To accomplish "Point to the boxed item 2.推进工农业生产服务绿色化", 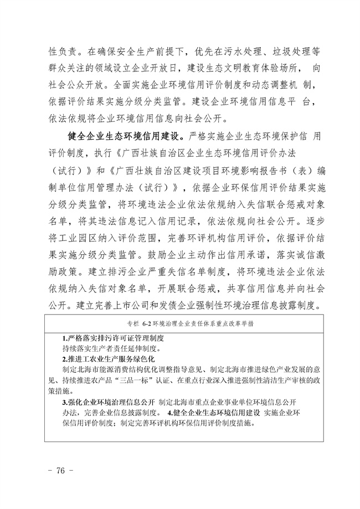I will [109, 359].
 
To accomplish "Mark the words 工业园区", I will [73, 238].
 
